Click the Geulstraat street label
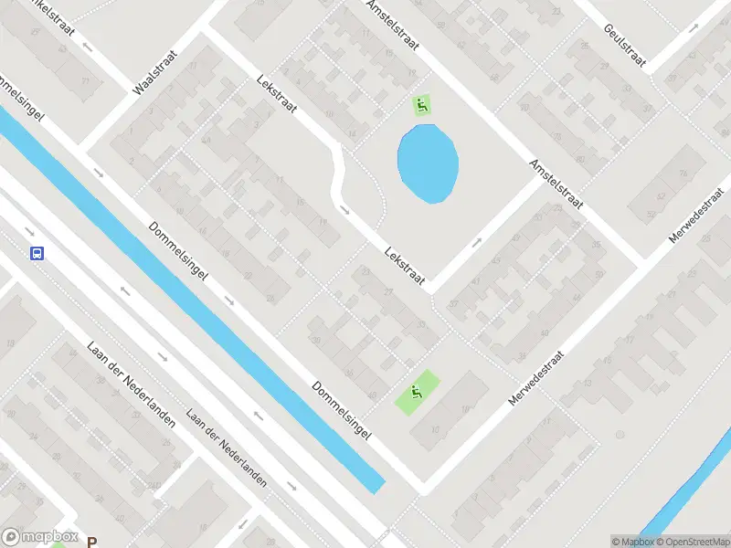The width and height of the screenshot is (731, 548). coord(624,45)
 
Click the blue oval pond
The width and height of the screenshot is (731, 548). coord(428,163)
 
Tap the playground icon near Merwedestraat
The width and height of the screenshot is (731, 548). coord(416,393)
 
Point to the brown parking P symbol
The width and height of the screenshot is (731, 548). coord(91,541)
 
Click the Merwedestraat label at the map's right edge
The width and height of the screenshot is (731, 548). coord(690,217)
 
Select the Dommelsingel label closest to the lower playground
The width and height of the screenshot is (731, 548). coord(342,411)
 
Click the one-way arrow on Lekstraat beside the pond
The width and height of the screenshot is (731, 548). coord(345,211)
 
